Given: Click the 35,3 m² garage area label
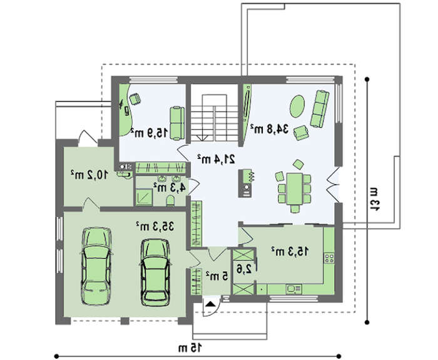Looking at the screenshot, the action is [155, 226].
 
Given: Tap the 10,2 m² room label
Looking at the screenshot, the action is [89, 175].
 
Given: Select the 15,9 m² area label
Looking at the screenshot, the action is [149, 133].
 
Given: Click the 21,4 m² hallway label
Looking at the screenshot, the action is [216, 159].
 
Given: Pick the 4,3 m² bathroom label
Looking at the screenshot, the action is [170, 187].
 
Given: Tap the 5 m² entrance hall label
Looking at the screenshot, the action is [216, 276].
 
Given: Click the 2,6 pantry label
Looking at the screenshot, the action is [244, 269].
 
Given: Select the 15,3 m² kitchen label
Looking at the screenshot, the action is [290, 251].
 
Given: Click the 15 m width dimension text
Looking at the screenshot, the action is [190, 347].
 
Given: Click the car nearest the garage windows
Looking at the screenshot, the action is [96, 266].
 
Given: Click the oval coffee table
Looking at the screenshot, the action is [297, 106].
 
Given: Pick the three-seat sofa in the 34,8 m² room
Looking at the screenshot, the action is [320, 109].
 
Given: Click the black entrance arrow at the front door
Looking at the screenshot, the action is [210, 304].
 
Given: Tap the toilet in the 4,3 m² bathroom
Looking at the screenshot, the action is [170, 200].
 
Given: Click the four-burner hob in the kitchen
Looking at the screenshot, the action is [329, 258].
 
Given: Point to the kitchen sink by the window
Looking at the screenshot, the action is [293, 289].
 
